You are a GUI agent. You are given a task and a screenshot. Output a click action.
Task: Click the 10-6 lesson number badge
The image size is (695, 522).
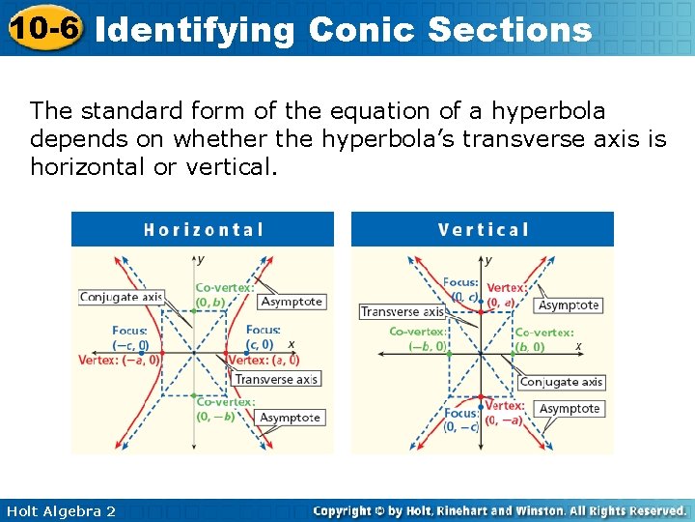tap(43, 28)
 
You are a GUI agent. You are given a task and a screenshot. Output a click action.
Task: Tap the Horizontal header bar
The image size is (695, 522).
tap(203, 229)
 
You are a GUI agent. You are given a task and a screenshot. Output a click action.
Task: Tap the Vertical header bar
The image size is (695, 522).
tap(483, 229)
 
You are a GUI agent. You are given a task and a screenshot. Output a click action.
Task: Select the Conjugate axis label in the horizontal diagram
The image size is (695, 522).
tap(121, 297)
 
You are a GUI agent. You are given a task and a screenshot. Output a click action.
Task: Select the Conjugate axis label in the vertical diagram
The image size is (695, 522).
tap(562, 382)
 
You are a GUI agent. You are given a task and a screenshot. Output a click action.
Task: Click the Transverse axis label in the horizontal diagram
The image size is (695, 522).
tap(276, 379)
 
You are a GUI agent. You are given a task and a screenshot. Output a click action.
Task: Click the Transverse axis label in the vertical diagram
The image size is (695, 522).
tap(403, 311)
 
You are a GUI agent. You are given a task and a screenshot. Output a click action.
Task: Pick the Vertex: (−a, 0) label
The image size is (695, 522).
tap(120, 360)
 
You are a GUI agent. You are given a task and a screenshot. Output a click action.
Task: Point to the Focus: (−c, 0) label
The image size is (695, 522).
tap(130, 338)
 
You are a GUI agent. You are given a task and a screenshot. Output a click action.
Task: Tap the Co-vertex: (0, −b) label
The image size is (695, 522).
tap(225, 409)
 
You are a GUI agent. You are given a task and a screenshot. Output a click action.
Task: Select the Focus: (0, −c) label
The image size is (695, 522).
tap(461, 420)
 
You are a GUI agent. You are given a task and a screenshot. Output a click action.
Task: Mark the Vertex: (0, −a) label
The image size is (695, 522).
tap(506, 413)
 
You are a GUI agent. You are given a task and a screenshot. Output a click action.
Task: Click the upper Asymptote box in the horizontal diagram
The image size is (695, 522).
tap(292, 302)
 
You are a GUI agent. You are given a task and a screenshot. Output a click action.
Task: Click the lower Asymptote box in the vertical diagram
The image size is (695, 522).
tap(570, 409)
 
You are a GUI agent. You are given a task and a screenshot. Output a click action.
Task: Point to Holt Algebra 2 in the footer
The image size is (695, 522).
tap(60, 510)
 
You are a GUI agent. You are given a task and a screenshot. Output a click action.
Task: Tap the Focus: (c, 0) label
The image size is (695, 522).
tap(263, 337)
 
